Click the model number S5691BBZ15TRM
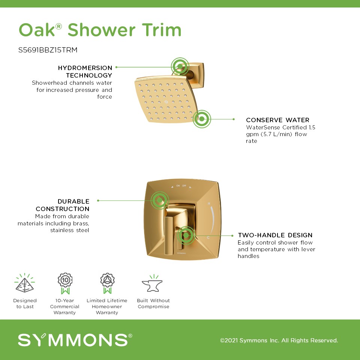tap(48, 50)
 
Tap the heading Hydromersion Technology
tap(85, 71)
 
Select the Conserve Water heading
tap(277, 120)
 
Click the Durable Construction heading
tap(63, 205)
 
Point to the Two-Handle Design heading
tap(275, 235)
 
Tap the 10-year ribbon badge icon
tap(65, 283)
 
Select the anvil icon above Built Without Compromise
tap(152, 283)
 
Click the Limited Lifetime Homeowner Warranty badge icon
tap(107, 283)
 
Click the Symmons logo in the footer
tap(75, 340)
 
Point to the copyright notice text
tap(279, 340)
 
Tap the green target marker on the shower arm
tap(180, 66)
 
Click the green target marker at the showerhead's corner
tap(202, 119)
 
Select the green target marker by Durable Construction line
tap(160, 200)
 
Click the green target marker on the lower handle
tap(186, 235)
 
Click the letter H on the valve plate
tap(209, 203)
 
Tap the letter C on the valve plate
tap(208, 237)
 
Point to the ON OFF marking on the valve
tap(181, 186)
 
